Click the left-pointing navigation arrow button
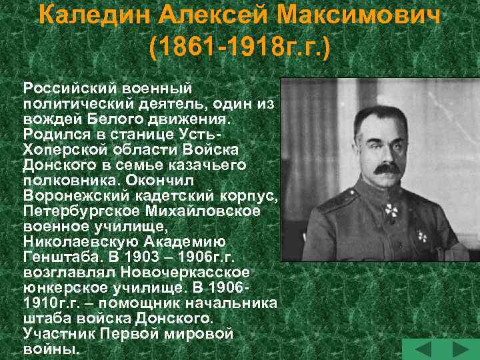(x=423, y=349)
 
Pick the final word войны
(x=50, y=348)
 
